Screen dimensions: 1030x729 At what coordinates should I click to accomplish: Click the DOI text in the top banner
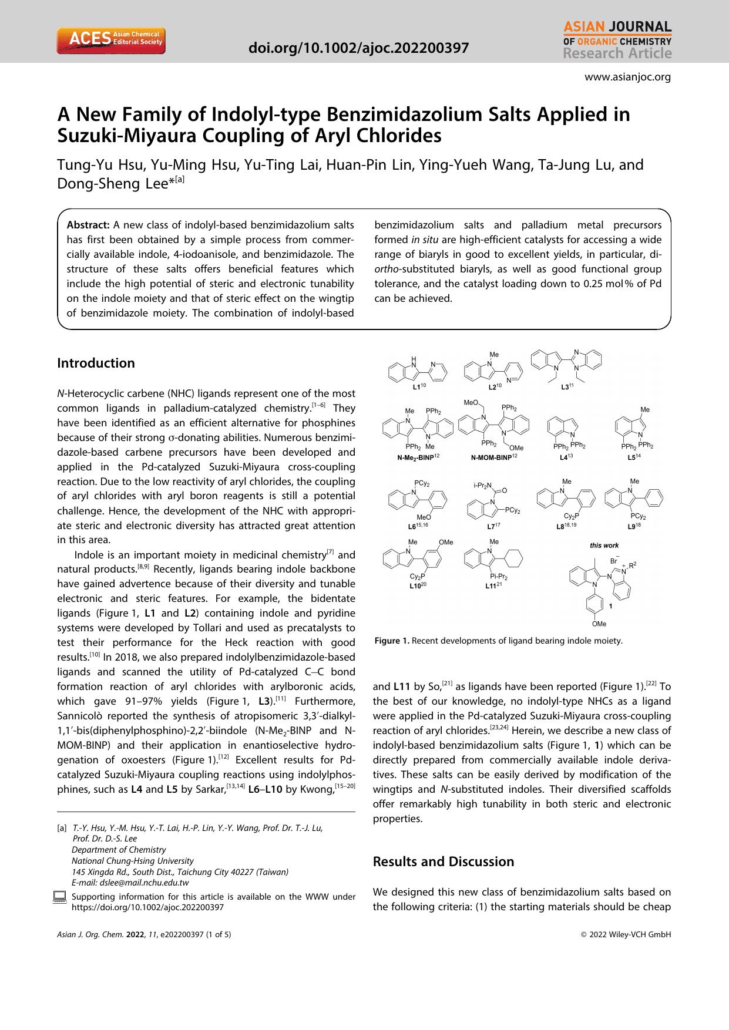click(359, 48)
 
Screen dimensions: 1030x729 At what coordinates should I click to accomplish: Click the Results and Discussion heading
click(443, 861)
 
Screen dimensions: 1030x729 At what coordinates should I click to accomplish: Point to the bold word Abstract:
click(89, 225)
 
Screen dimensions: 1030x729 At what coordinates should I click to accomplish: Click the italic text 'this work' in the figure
click(604, 546)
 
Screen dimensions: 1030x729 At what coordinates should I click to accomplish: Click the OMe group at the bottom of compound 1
click(599, 624)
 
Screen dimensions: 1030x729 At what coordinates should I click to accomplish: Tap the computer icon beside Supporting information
click(59, 897)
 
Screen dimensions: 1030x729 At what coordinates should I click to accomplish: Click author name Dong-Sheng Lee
click(112, 183)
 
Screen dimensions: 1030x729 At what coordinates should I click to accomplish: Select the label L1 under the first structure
click(417, 387)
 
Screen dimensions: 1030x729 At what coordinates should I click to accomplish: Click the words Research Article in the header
click(617, 54)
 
